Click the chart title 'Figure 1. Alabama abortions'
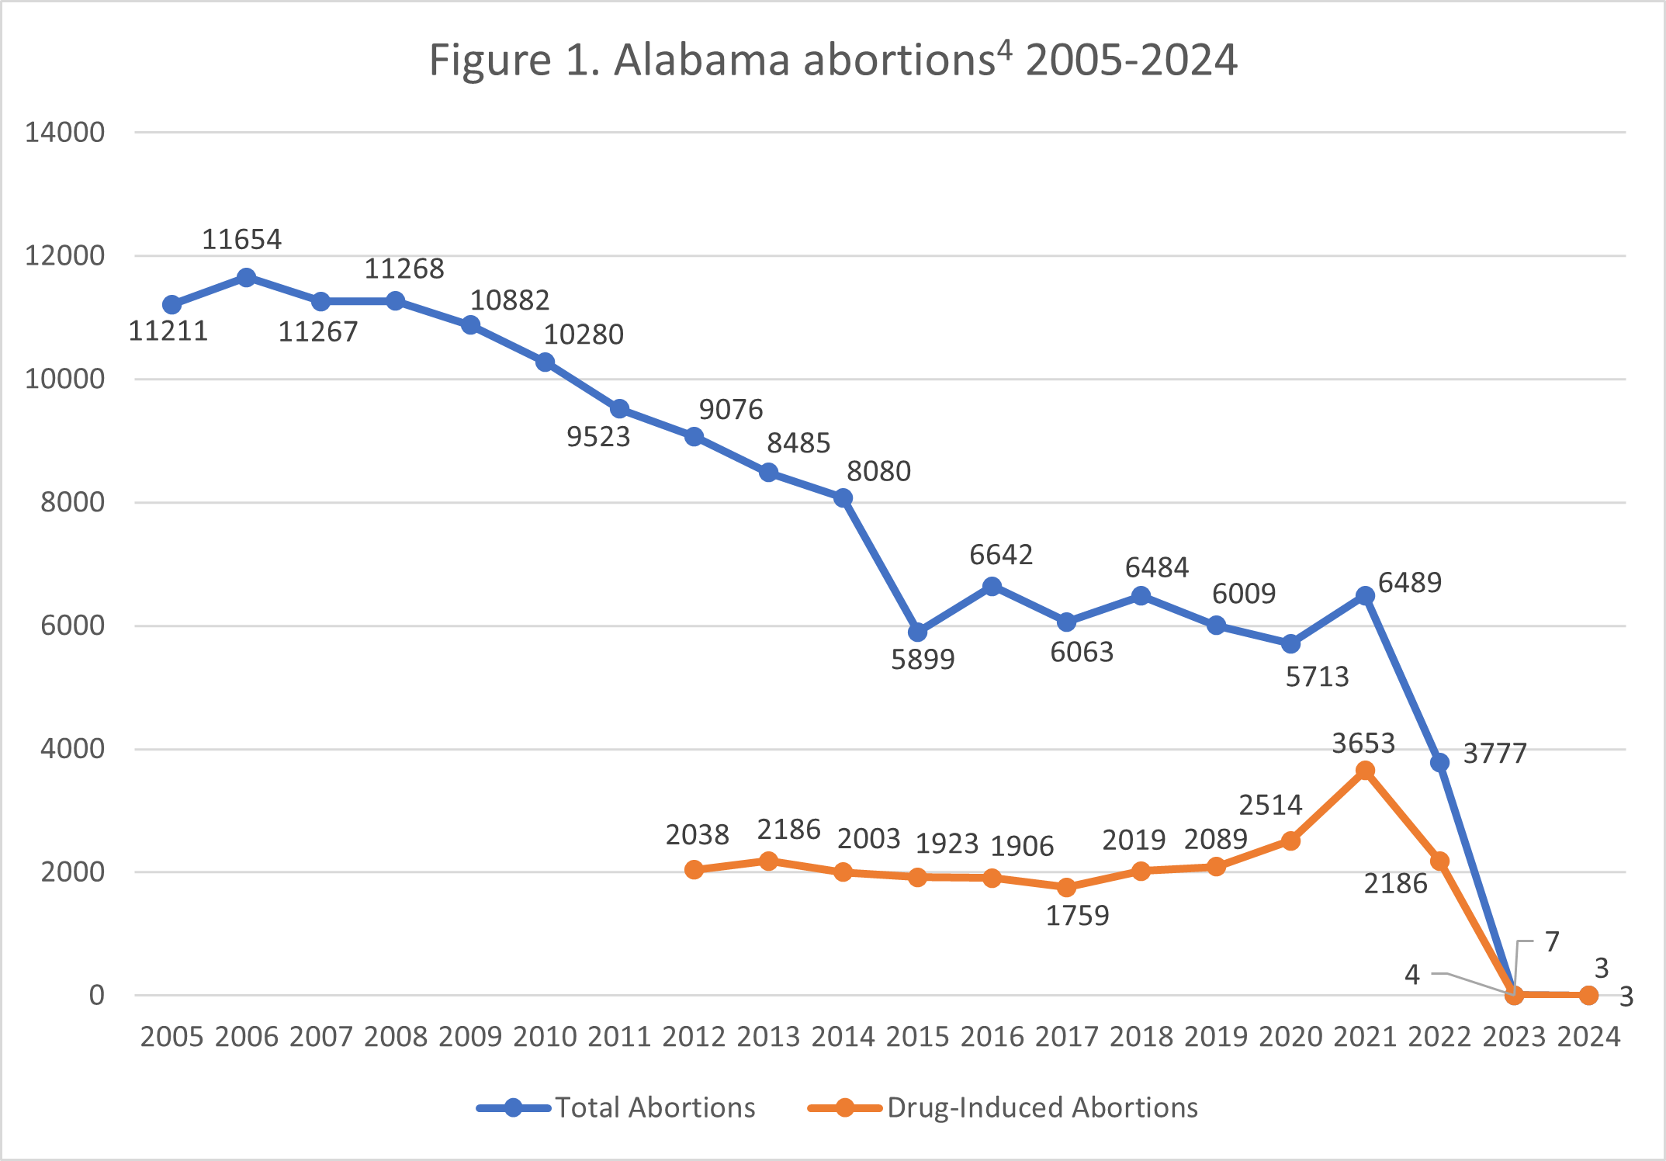[833, 60]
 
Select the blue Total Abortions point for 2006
[246, 278]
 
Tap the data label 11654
[241, 240]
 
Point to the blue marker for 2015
[917, 632]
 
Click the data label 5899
[923, 660]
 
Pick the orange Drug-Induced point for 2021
[1365, 771]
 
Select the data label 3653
[1363, 743]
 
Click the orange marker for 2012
[694, 870]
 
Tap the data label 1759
[1077, 916]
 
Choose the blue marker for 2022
[1439, 763]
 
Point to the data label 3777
[1495, 754]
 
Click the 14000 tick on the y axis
[65, 133]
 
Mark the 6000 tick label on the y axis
[72, 626]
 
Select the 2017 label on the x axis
[1067, 1037]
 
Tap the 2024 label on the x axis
[1588, 1037]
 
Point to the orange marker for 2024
[1588, 995]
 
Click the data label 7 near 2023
[1552, 941]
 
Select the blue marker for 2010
[545, 362]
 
